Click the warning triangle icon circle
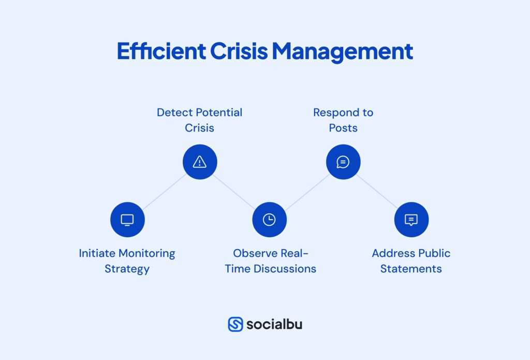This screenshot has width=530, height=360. pyautogui.click(x=200, y=162)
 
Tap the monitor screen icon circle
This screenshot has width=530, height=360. pyautogui.click(x=127, y=220)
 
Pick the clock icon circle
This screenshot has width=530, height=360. pyautogui.click(x=269, y=220)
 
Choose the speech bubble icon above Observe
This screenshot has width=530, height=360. pyautogui.click(x=343, y=162)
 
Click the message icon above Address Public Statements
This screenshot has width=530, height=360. pyautogui.click(x=411, y=220)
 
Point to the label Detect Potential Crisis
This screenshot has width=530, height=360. pyautogui.click(x=199, y=120)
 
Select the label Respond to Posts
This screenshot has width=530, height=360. pyautogui.click(x=343, y=120)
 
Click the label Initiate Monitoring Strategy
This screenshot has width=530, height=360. pyautogui.click(x=127, y=261)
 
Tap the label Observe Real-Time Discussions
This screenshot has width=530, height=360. pyautogui.click(x=270, y=261)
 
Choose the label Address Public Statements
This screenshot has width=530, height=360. pyautogui.click(x=411, y=261)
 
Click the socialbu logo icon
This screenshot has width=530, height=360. pyautogui.click(x=235, y=324)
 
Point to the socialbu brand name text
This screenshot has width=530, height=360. pyautogui.click(x=274, y=324)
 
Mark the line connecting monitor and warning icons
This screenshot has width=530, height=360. pyautogui.click(x=164, y=191)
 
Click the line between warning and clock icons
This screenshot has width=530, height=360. pyautogui.click(x=234, y=191)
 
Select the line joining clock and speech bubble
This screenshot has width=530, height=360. pyautogui.click(x=306, y=191)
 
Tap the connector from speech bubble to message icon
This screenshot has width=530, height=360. pyautogui.click(x=377, y=191)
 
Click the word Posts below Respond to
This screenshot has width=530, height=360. pyautogui.click(x=343, y=127)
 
